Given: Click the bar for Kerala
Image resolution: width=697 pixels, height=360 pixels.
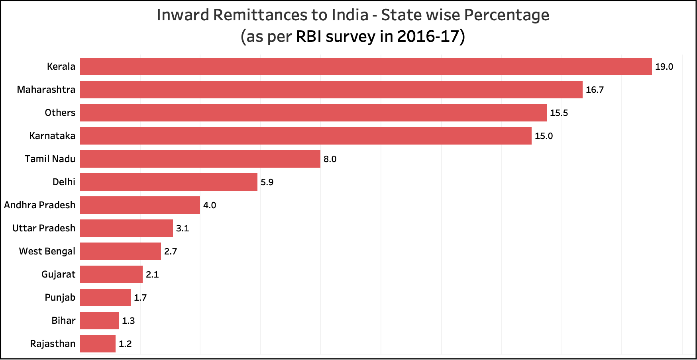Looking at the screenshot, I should click(366, 67).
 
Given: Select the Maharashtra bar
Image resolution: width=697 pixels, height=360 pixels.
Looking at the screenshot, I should click(331, 90).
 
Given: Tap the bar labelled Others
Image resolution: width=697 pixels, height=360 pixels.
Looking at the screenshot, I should click(313, 113).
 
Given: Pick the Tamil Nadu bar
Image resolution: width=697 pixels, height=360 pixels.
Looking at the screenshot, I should click(200, 159).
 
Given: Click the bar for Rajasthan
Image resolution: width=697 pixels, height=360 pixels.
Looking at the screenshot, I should click(98, 344).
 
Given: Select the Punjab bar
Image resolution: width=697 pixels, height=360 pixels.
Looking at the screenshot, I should click(105, 297).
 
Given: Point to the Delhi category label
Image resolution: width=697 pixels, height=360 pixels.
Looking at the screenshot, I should click(64, 182).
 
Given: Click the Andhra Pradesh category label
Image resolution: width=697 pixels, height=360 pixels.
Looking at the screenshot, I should click(40, 205).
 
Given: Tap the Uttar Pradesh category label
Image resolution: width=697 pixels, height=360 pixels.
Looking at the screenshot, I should click(44, 228).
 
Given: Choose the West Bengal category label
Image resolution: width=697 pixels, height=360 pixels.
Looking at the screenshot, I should click(47, 251).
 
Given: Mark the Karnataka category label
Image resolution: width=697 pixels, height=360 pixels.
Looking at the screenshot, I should click(52, 136).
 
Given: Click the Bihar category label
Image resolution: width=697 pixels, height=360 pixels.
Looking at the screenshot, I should click(63, 321).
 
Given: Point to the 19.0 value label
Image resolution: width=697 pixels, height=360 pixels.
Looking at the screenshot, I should click(664, 67).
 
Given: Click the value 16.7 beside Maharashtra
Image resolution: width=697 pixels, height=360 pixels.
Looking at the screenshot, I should click(595, 90).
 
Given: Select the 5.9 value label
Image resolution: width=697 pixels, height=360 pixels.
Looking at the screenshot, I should click(267, 182).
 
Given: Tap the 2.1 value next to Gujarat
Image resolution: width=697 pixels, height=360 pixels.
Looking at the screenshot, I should click(152, 275).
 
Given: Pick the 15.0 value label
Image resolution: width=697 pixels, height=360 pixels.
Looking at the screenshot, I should click(544, 136).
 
